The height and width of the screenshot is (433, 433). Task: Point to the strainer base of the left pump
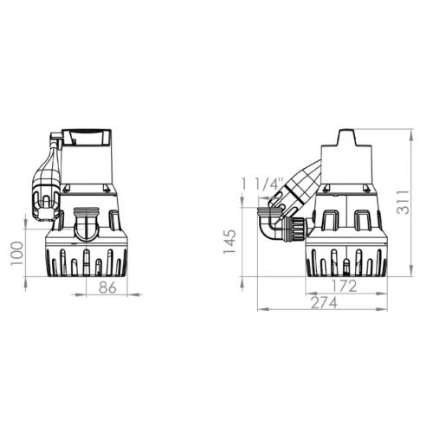[x=87, y=257]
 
